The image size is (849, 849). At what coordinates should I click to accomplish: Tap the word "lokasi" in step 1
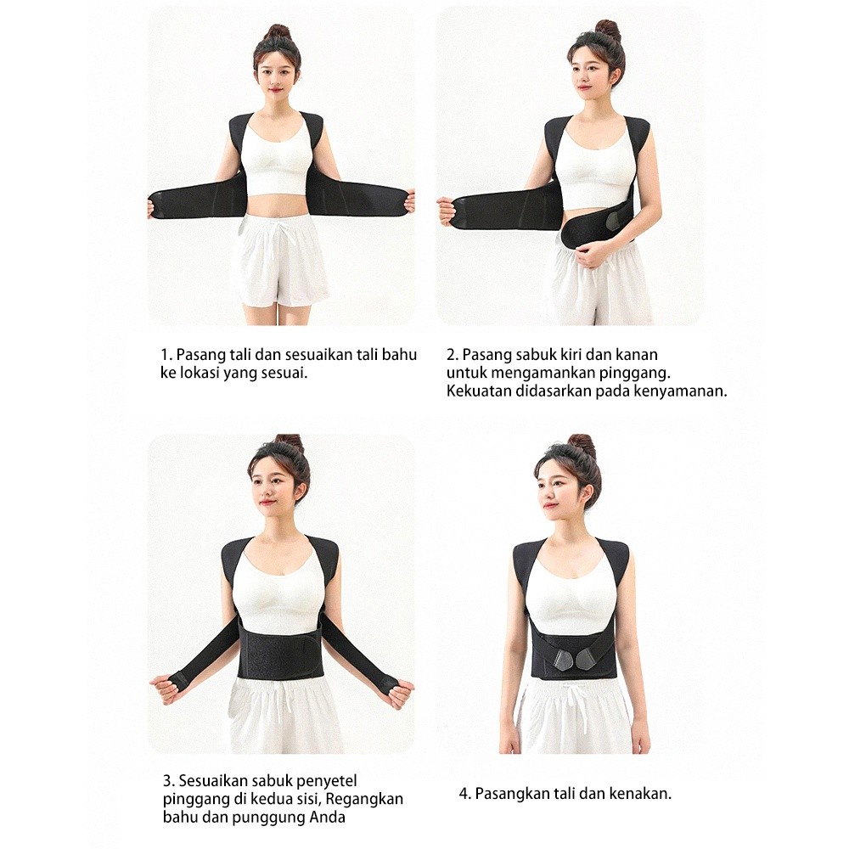200,373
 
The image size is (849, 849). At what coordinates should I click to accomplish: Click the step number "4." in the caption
465,795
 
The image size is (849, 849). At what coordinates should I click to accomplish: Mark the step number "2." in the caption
453,355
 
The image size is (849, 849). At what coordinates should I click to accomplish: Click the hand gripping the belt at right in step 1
410,205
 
